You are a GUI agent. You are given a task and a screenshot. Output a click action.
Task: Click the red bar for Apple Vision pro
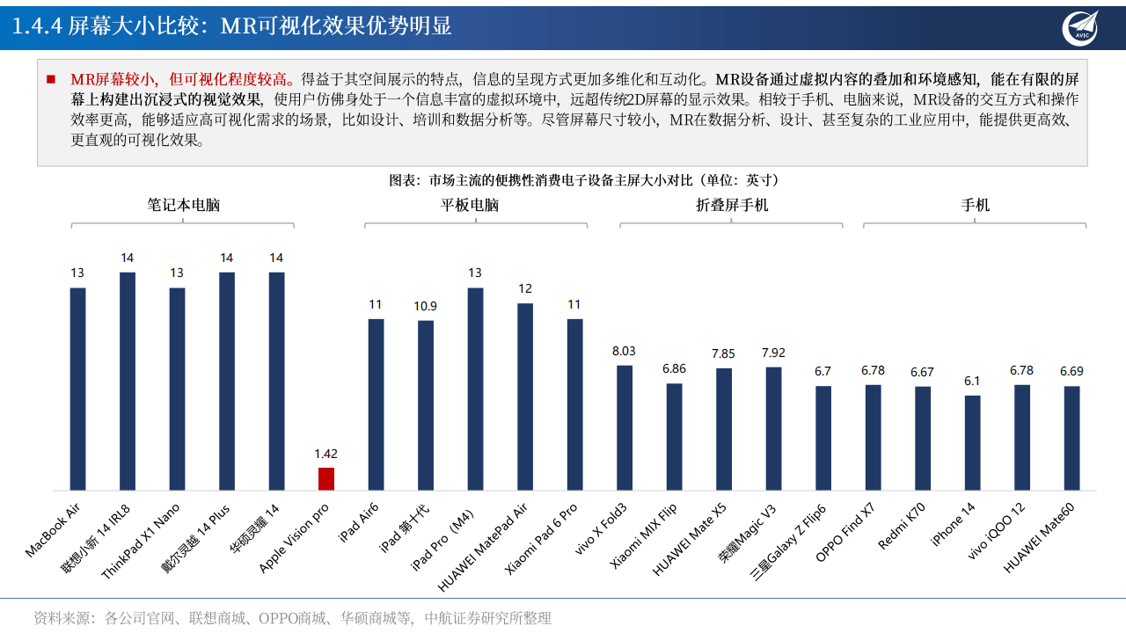click(326, 479)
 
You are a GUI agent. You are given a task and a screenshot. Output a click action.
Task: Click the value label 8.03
click(624, 351)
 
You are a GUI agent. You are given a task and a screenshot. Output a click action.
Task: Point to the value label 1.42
click(325, 454)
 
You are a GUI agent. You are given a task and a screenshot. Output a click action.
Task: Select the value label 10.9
click(426, 306)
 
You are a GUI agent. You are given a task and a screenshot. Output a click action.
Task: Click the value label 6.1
click(972, 381)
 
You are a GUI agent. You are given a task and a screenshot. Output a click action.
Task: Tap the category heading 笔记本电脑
click(183, 205)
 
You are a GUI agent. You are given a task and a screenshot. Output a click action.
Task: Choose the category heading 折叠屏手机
click(732, 205)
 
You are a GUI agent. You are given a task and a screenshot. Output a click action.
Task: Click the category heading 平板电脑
click(470, 205)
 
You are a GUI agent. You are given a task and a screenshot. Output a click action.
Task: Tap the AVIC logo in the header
click(1079, 26)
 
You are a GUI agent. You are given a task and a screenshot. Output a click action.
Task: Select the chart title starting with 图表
click(584, 180)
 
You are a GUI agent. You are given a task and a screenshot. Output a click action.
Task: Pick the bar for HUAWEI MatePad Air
click(525, 397)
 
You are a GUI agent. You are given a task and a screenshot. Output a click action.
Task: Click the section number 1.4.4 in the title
click(37, 26)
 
